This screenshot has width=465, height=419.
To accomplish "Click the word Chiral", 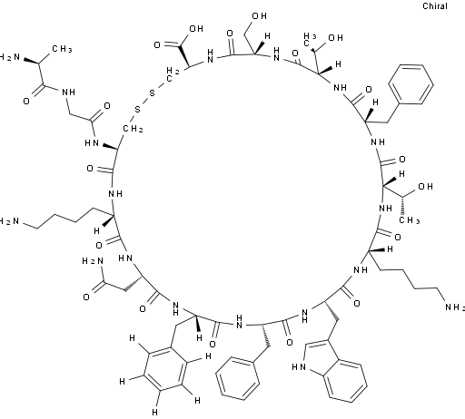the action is click(x=435, y=6).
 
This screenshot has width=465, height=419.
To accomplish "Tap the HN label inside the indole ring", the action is click(x=299, y=367).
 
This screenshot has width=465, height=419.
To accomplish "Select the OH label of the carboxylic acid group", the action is click(x=196, y=29).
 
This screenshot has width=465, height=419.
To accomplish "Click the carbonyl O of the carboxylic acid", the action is click(x=157, y=45).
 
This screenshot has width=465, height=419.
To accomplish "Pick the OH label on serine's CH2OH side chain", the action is click(x=260, y=16).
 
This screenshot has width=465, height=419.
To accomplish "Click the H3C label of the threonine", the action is click(x=310, y=39).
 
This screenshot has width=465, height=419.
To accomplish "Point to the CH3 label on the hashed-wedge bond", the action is click(x=410, y=220).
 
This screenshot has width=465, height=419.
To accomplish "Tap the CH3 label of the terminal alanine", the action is click(x=62, y=49).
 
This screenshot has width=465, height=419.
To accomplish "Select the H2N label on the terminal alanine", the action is click(x=10, y=57).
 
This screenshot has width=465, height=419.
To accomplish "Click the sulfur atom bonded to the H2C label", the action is click(x=152, y=93).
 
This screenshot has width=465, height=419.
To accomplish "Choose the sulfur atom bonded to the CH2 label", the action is click(x=138, y=109).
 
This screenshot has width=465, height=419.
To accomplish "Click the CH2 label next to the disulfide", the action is click(x=133, y=129).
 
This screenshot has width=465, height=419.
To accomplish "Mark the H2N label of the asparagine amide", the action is click(x=93, y=261).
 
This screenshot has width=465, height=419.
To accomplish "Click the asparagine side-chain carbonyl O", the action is click(x=86, y=297).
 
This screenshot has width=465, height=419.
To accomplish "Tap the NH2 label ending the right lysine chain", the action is click(x=455, y=307).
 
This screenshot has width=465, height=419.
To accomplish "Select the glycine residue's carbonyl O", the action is click(x=107, y=106).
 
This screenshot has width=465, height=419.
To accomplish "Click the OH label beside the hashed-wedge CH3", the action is click(x=425, y=187).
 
